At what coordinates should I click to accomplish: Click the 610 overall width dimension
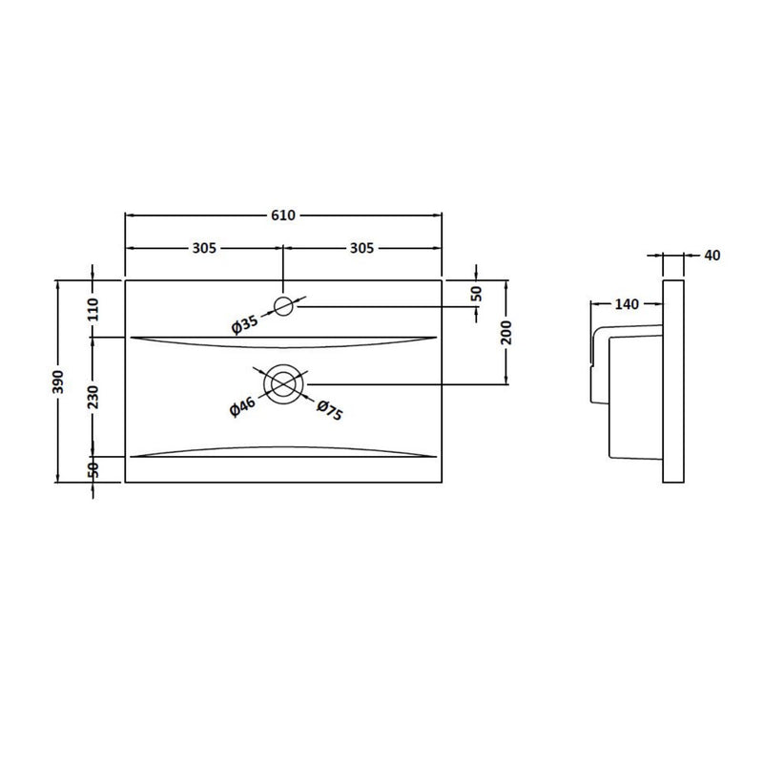(283, 216)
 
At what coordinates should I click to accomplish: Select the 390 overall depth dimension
(59, 381)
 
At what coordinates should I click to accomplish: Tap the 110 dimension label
(93, 309)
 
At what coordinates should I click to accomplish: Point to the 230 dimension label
(93, 396)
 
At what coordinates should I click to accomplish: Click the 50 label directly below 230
(93, 469)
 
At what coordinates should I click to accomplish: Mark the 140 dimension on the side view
(626, 304)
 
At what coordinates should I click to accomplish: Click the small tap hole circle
(283, 305)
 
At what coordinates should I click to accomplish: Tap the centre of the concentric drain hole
(283, 383)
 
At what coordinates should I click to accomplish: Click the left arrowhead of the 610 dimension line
(130, 216)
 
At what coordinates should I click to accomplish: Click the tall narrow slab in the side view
(672, 381)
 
